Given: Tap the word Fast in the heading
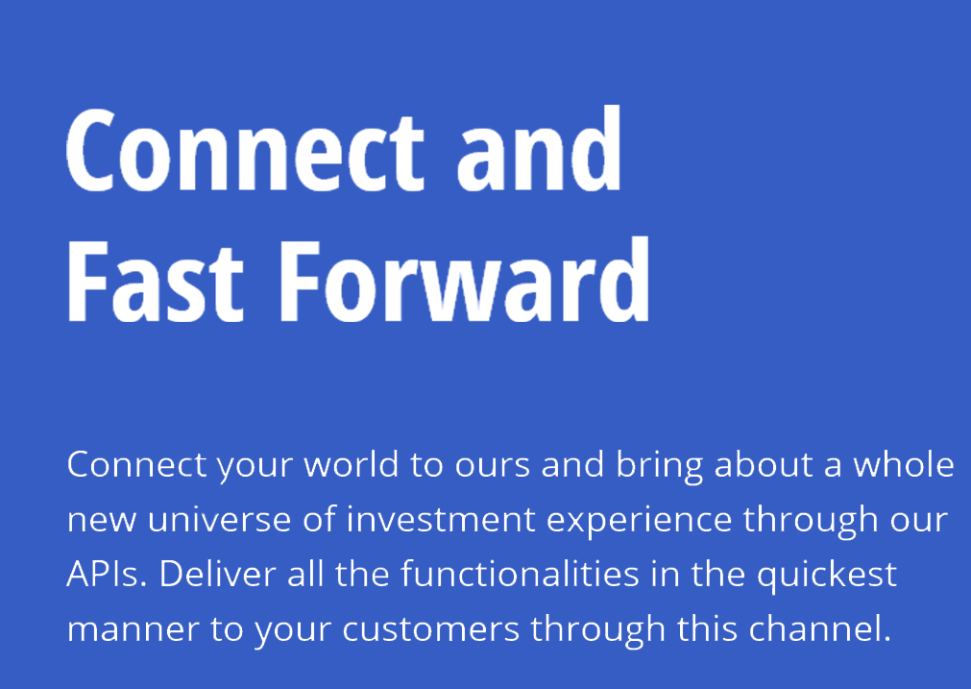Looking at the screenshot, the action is [155, 280].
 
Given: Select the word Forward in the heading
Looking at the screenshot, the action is [465, 280].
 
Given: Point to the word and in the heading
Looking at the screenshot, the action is [539, 149].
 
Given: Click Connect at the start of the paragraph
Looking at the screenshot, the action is [136, 465].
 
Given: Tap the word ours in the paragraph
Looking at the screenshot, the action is [493, 466].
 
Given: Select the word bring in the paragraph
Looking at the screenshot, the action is [659, 466].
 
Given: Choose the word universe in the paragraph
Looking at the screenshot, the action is [219, 519].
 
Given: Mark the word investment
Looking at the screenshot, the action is [440, 519].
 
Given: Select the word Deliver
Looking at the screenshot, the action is [217, 574].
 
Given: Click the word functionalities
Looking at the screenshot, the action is [520, 574].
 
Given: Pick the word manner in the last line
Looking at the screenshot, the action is [133, 629].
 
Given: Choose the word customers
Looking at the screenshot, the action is [430, 629].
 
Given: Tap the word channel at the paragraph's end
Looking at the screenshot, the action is [820, 628].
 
